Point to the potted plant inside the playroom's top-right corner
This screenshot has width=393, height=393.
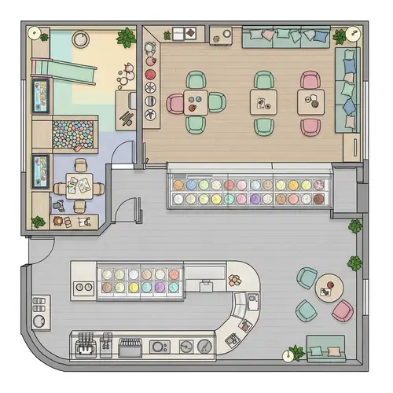(x=125, y=37)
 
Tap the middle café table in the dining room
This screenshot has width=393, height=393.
(x=263, y=100)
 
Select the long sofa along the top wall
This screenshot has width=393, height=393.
(x=287, y=36)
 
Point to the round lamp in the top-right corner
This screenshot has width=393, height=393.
(x=351, y=34)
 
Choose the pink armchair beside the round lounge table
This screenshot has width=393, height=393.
(x=343, y=311)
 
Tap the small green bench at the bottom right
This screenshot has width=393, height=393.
(x=325, y=347)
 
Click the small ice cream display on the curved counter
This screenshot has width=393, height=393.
(x=139, y=281)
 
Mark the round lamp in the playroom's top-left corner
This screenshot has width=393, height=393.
(x=35, y=34)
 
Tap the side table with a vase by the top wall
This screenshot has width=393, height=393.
(x=221, y=35)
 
